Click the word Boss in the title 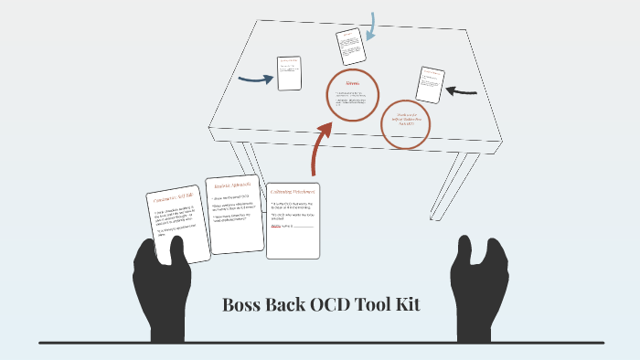(242, 305)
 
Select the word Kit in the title (408, 305)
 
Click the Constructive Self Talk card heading (171, 198)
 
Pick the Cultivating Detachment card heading (293, 192)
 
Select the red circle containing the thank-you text (405, 124)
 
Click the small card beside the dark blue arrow (290, 72)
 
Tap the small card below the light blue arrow (350, 46)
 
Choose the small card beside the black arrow (429, 85)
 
